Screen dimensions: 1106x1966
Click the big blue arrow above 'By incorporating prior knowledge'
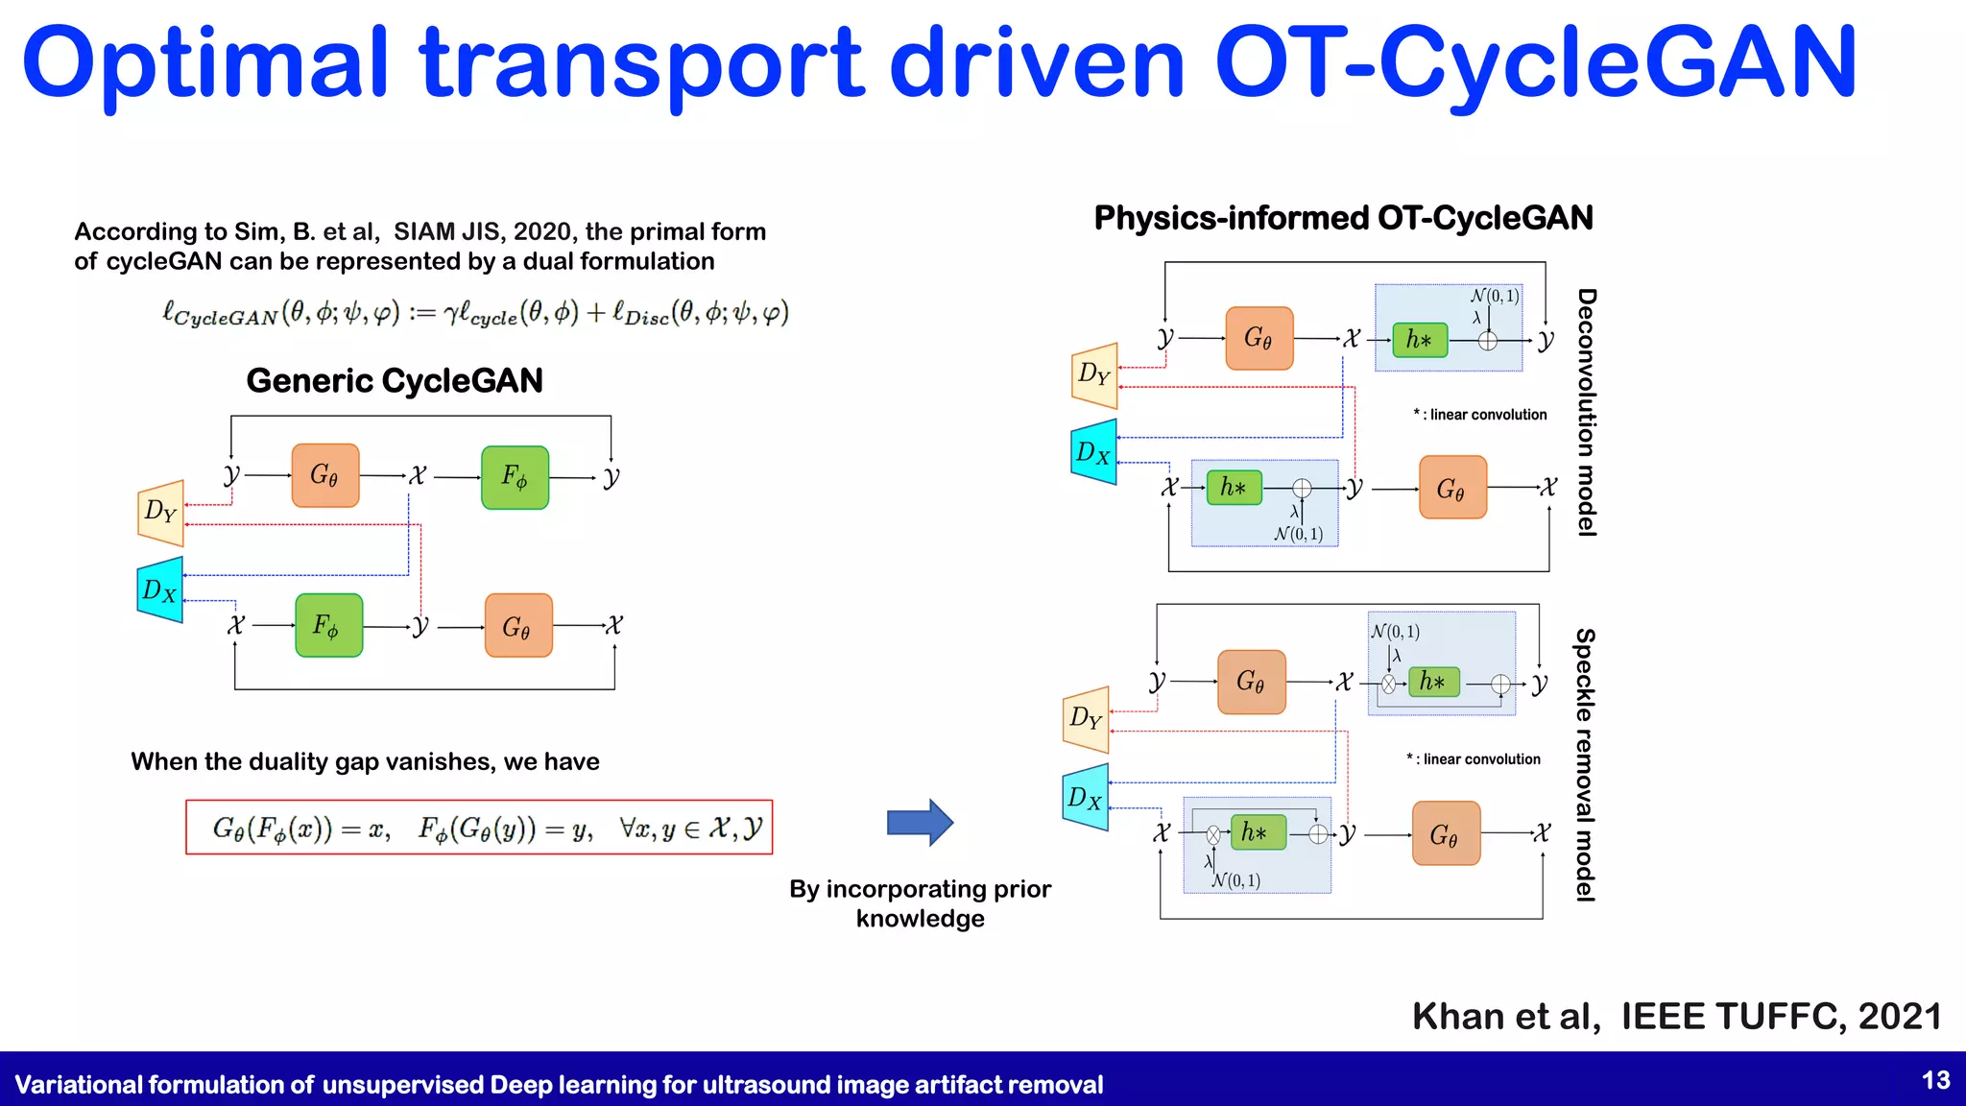[x=920, y=823]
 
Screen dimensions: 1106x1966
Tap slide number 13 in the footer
[x=1935, y=1081]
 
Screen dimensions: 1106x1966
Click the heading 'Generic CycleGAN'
[x=395, y=381]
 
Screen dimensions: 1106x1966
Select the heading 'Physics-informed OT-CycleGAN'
[x=1343, y=218]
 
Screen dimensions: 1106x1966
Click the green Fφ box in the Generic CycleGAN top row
[x=515, y=477]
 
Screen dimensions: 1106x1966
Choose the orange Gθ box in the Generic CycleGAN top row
[x=325, y=475]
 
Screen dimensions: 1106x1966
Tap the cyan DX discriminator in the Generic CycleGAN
[x=161, y=589]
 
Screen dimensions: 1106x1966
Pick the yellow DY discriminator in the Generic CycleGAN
[x=161, y=513]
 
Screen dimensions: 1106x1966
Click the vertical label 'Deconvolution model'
[x=1587, y=413]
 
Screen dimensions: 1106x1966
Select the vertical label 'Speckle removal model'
[x=1585, y=764]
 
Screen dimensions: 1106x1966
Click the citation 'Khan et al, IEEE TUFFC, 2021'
[x=1676, y=1016]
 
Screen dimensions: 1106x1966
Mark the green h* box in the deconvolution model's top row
[x=1419, y=340]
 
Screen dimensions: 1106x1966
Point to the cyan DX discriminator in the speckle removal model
[x=1086, y=797]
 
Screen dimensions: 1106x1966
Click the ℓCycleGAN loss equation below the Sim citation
[x=475, y=313]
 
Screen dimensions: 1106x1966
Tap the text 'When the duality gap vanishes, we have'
[x=365, y=761]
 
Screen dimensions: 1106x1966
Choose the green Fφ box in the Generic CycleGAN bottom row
[x=328, y=626]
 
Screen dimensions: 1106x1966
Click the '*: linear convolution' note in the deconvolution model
[x=1479, y=415]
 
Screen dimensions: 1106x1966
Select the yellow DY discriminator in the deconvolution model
[x=1094, y=374]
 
